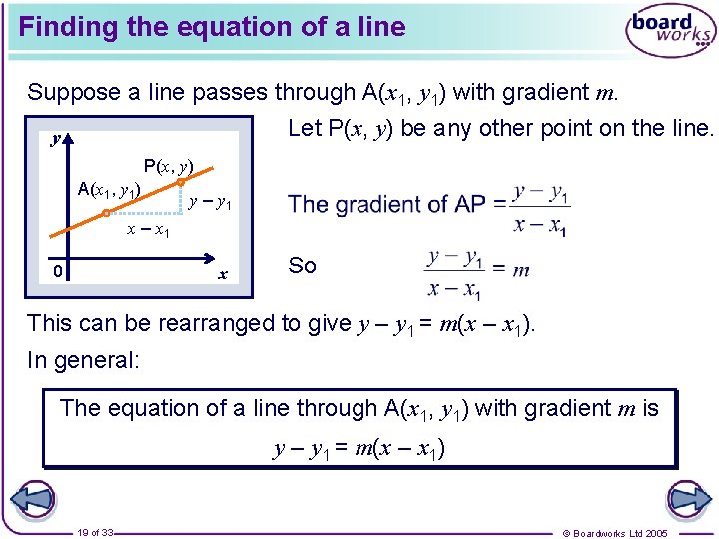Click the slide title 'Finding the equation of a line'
click(x=212, y=27)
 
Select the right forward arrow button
click(x=688, y=500)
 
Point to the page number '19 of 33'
click(x=95, y=533)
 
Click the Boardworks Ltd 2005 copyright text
click(x=629, y=533)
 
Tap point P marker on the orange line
click(x=181, y=183)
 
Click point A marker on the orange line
click(x=106, y=212)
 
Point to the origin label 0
click(x=60, y=271)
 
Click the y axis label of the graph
click(x=56, y=141)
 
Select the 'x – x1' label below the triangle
click(x=147, y=231)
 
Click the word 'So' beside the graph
click(x=302, y=266)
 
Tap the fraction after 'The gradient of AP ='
click(x=540, y=208)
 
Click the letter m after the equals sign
click(x=520, y=270)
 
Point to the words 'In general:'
click(x=83, y=360)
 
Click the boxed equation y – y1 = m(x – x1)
click(x=359, y=448)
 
